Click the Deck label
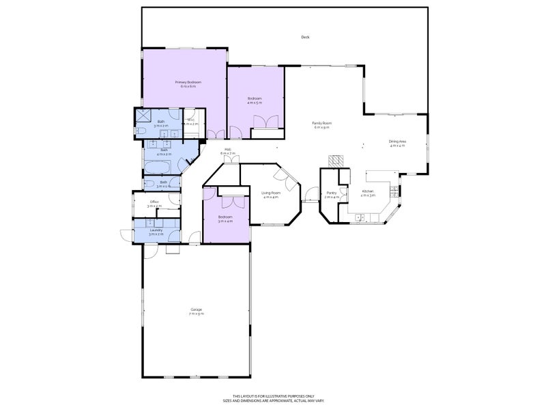(x=305, y=37)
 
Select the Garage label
(x=197, y=311)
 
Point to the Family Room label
(x=321, y=124)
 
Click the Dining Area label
(x=397, y=143)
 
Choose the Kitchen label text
(x=368, y=193)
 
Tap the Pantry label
(x=332, y=195)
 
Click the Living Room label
(x=271, y=194)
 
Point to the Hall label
(x=227, y=152)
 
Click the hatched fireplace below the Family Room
(x=336, y=160)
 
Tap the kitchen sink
(x=360, y=217)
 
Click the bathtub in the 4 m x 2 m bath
(x=153, y=168)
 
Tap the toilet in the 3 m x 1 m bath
(x=176, y=182)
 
